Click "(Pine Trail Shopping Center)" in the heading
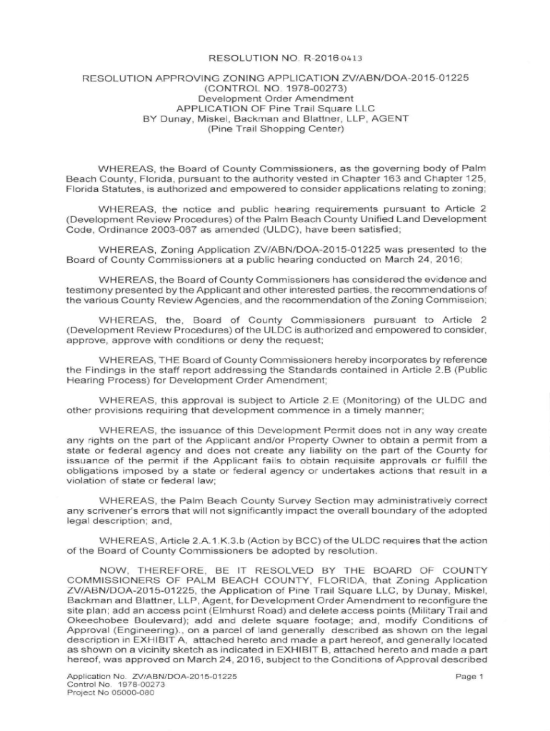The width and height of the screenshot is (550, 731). tap(276, 129)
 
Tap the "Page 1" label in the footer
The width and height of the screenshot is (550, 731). tap(469, 675)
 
